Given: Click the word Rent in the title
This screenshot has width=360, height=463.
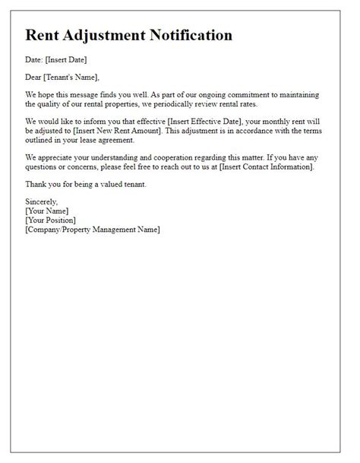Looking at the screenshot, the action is tap(44, 36).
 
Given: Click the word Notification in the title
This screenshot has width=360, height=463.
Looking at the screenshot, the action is tap(193, 36).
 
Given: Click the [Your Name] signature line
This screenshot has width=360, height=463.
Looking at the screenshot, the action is tap(47, 211).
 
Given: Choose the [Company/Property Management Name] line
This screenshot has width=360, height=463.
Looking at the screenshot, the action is tap(93, 230).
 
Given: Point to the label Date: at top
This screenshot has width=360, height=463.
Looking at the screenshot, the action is tap(35, 58).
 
